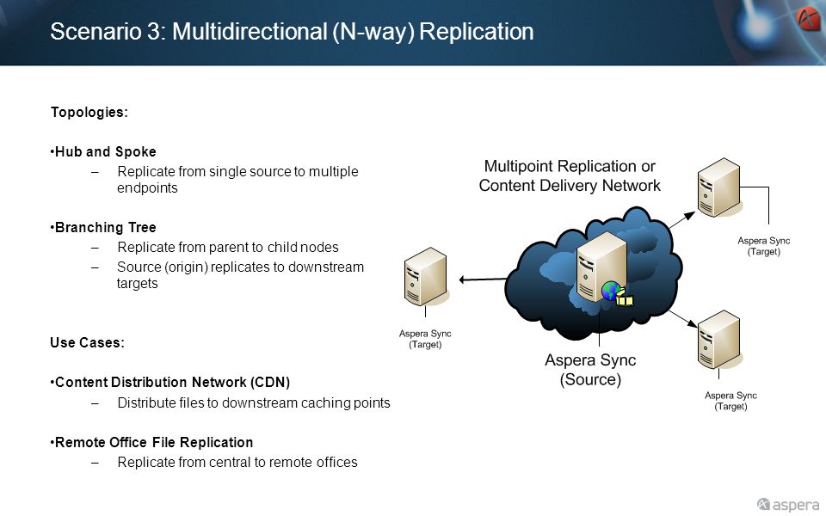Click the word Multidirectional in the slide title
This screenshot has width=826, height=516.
coord(250,32)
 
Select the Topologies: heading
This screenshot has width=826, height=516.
coord(89,112)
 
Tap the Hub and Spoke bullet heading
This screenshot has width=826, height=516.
coord(104,151)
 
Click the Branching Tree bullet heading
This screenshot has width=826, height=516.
coord(104,227)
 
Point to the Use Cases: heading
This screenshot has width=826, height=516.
coord(88,343)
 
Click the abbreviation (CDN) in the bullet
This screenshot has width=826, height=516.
coord(270,382)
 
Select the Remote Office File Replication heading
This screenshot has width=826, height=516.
coord(152,442)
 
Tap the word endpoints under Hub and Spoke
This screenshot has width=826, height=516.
coord(147,188)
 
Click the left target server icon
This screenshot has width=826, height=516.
coord(426,276)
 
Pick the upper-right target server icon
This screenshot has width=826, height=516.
coord(719,187)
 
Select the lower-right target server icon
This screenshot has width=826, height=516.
coord(719,340)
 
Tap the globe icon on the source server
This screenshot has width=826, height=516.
coord(611,291)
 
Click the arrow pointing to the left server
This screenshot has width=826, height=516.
coord(483,279)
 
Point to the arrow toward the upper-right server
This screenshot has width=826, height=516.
coord(682,219)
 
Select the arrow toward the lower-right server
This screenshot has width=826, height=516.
coord(683,319)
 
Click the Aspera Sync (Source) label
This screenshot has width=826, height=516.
coord(590,370)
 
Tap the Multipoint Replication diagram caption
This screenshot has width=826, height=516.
coord(570,175)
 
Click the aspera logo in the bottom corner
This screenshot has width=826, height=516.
coord(788,505)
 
